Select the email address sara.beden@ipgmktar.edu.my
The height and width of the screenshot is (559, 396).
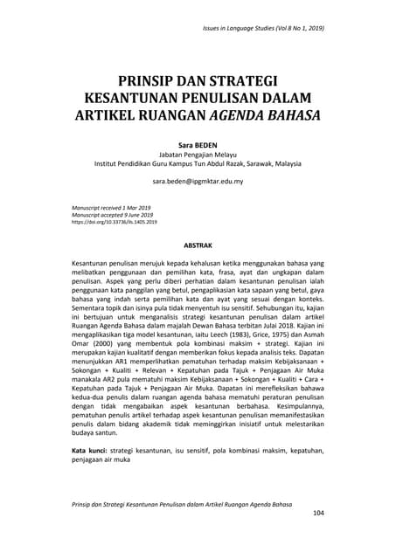click(197, 183)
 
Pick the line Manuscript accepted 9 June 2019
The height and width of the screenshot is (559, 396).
click(112, 215)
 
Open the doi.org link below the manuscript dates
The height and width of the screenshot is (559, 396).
click(114, 223)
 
